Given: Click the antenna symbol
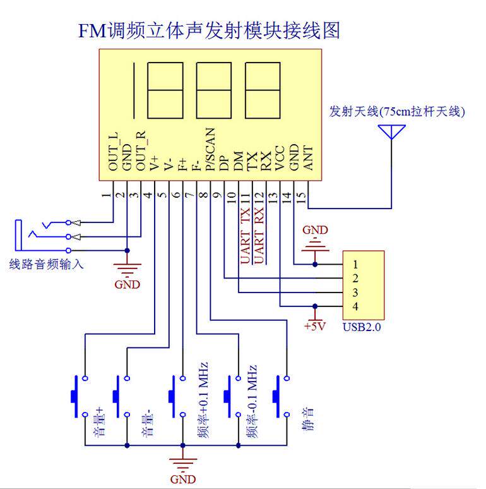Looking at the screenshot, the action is point(391,132).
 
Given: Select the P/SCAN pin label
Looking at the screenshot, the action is point(211,149).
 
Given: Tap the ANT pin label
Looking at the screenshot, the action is point(308,159).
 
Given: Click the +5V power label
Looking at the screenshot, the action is point(315,326).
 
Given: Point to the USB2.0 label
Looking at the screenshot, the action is point(362,327).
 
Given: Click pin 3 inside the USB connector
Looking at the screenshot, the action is point(355,293).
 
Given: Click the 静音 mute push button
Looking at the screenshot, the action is point(282,396).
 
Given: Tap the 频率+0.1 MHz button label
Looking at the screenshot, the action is point(203,400).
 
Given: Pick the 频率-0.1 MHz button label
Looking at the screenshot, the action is point(252,402).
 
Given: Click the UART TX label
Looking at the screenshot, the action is point(245,236).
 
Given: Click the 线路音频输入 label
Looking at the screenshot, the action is point(47,264).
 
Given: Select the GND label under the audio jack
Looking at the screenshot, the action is point(127,284).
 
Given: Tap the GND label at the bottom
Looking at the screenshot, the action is point(183,479).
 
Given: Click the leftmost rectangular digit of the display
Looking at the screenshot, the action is point(165,90).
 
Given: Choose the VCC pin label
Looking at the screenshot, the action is point(280,158).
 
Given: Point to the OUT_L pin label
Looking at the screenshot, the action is point(114,152).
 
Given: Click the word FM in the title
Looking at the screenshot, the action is point(92,31).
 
